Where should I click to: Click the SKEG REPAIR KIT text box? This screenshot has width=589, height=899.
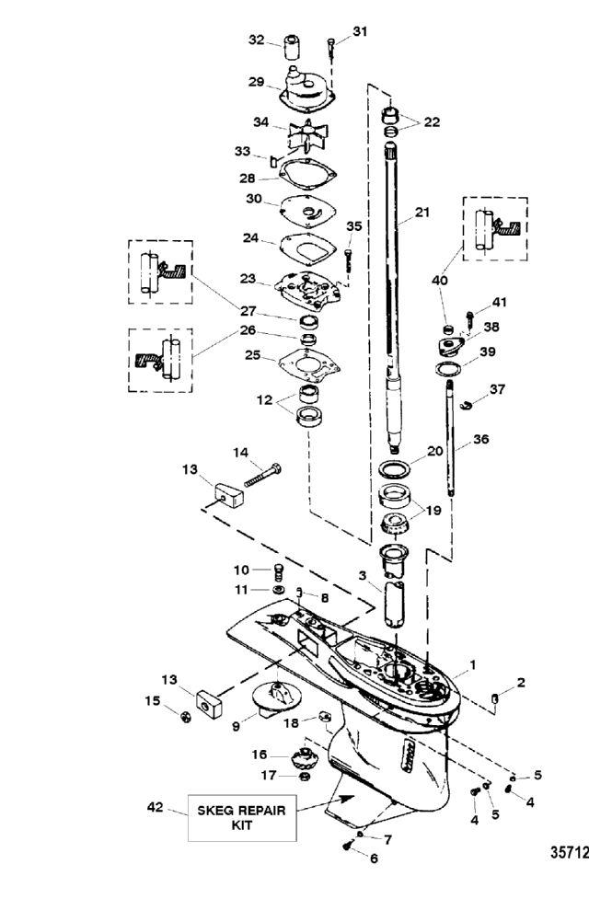(x=242, y=816)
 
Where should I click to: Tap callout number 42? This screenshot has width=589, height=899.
(x=156, y=808)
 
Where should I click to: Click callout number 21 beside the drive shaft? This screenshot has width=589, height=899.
(x=422, y=212)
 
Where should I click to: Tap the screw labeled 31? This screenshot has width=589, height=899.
(x=331, y=43)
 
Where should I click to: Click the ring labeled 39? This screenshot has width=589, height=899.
(x=447, y=369)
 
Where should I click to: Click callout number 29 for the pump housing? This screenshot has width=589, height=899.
(x=257, y=81)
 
